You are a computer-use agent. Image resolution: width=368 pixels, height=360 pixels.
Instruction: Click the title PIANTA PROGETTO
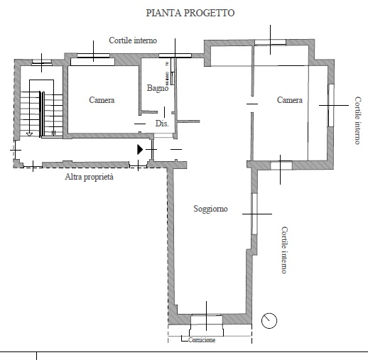pyautogui.click(x=190, y=13)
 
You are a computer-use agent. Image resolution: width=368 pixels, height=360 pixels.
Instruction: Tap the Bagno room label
pyautogui.click(x=158, y=88)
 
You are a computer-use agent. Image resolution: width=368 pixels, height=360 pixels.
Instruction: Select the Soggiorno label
pyautogui.click(x=210, y=209)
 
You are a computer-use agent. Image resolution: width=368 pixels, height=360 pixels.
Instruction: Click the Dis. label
pyautogui.click(x=162, y=124)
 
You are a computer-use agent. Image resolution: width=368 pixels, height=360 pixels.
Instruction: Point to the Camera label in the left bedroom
pyautogui.click(x=102, y=100)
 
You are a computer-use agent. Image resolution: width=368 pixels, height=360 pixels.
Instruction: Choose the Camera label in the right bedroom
pyautogui.click(x=290, y=100)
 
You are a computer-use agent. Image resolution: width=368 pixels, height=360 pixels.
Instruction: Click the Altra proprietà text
pyautogui.click(x=90, y=177)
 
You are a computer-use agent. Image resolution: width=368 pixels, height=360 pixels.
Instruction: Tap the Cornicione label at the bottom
pyautogui.click(x=202, y=340)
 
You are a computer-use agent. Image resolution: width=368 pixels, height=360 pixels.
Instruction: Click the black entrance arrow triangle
pyautogui.click(x=140, y=150)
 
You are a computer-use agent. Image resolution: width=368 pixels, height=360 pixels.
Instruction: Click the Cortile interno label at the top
pyautogui.click(x=133, y=40)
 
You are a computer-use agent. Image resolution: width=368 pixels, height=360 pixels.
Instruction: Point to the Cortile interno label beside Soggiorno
pyautogui.click(x=284, y=250)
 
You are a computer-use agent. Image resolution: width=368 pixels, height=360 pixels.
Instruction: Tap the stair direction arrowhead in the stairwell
pyautogui.click(x=29, y=134)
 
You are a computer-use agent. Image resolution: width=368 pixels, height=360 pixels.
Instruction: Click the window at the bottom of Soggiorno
pyautogui.click(x=207, y=320)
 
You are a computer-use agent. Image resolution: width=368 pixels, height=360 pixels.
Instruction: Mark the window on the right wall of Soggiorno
pyautogui.click(x=254, y=214)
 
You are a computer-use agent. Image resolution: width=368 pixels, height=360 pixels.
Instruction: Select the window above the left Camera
pyautogui.click(x=94, y=56)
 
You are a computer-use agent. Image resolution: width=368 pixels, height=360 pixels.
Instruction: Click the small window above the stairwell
pyautogui.click(x=42, y=62)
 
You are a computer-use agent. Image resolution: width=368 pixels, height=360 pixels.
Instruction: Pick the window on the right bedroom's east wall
pyautogui.click(x=331, y=105)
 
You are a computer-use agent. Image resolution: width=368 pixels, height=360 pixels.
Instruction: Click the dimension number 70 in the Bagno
pyautogui.click(x=167, y=64)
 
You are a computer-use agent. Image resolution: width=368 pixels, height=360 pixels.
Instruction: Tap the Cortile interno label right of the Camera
pyautogui.click(x=358, y=120)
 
